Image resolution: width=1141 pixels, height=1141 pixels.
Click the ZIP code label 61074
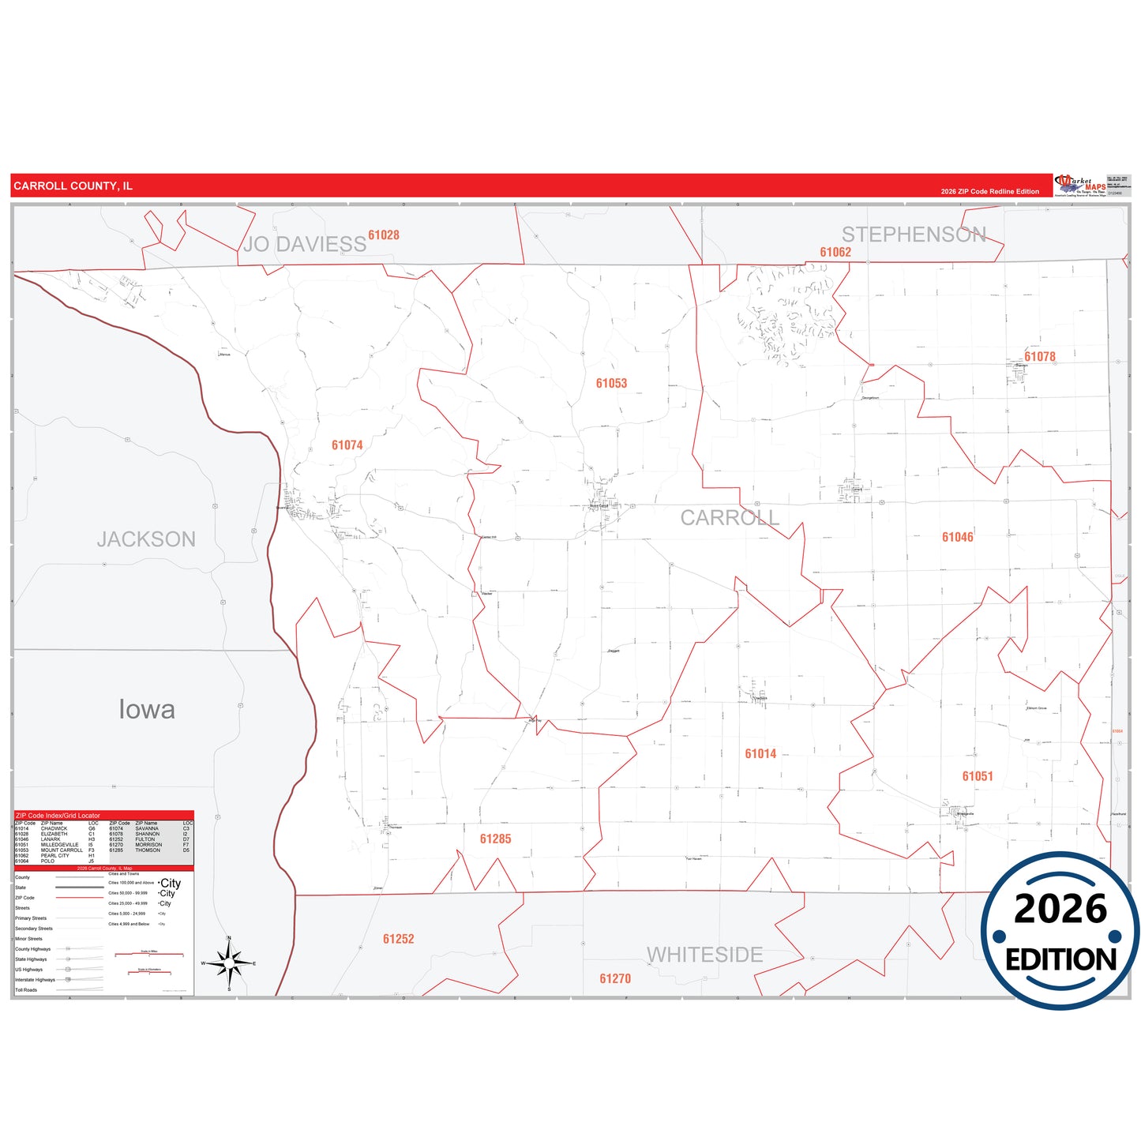[347, 445]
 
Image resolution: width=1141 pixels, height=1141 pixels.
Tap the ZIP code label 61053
[611, 384]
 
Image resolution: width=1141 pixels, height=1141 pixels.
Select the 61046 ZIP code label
[957, 538]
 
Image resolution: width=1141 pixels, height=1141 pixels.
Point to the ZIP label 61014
[760, 754]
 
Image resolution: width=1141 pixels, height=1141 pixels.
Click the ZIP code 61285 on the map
[495, 839]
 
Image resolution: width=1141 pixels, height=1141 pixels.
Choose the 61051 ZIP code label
[977, 777]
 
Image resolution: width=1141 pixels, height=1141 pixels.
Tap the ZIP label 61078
[1039, 357]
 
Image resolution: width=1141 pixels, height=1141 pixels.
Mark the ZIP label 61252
[398, 940]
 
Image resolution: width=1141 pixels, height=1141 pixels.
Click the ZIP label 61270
[615, 979]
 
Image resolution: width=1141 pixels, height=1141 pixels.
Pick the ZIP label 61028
[384, 235]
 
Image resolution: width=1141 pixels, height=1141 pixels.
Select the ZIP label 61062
[835, 253]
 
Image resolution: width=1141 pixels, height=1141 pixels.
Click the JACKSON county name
[146, 540]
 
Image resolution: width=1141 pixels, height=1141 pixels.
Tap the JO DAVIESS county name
[305, 245]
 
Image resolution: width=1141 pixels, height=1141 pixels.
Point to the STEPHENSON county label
[914, 235]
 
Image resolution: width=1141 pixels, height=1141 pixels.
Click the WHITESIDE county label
[704, 955]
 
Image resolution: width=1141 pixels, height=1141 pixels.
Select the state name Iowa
[147, 710]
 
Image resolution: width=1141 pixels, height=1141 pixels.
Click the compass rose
[229, 963]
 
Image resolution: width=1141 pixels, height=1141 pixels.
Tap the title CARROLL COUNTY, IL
[73, 186]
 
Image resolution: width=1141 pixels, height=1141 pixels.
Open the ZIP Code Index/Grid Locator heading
[58, 816]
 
